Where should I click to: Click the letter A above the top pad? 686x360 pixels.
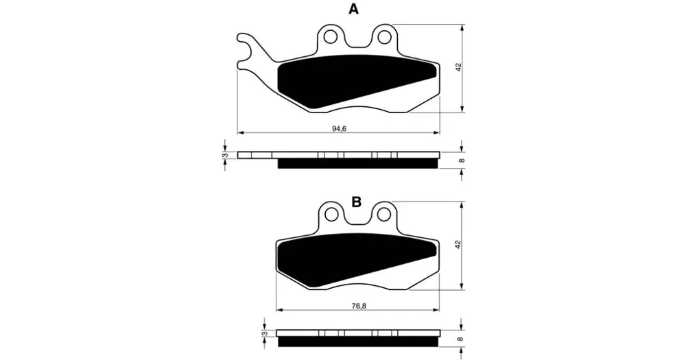[353, 9]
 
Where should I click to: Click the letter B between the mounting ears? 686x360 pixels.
[357, 202]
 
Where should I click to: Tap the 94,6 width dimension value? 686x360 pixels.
[339, 129]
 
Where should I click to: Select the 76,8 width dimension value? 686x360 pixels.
[358, 307]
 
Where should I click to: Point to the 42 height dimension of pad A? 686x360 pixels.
[458, 67]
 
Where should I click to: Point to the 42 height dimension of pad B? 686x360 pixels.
[458, 245]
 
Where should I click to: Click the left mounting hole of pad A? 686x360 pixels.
[331, 38]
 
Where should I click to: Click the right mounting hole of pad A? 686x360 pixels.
[385, 38]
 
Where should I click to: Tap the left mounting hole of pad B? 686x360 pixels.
[331, 215]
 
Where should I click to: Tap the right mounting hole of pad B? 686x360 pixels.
[385, 215]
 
